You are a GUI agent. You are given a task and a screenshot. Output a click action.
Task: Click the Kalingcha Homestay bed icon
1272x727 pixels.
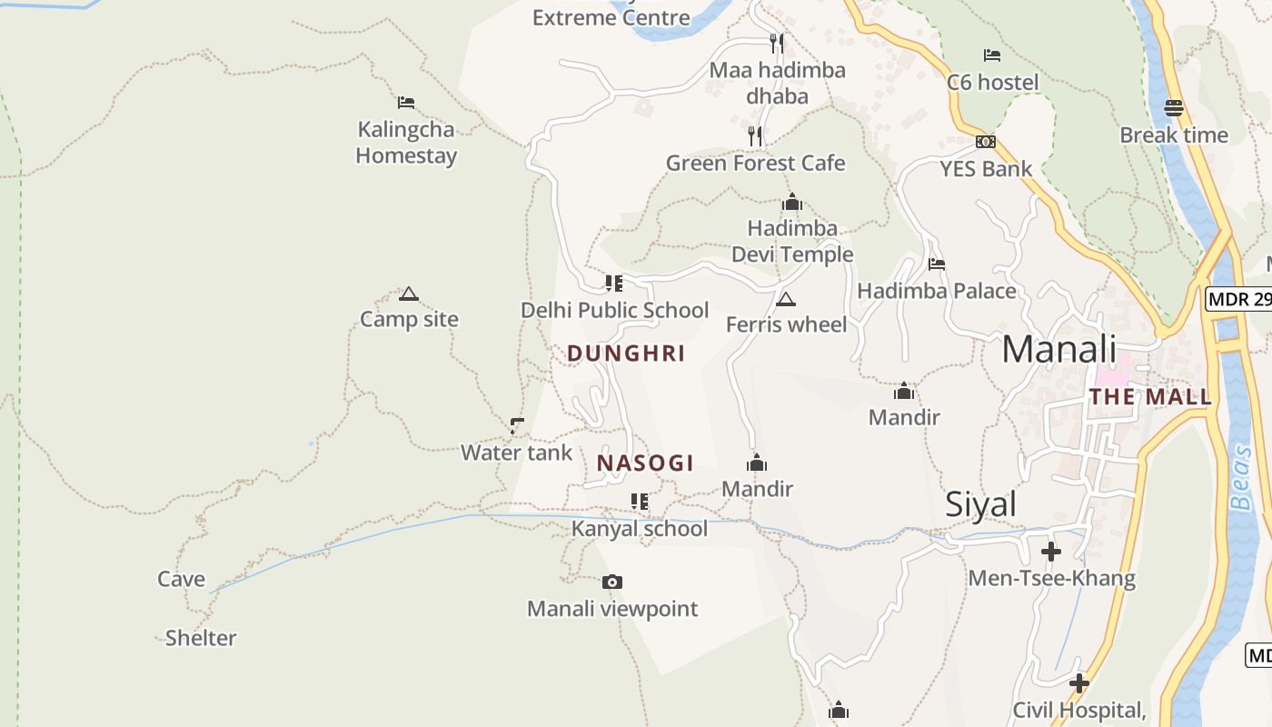406,103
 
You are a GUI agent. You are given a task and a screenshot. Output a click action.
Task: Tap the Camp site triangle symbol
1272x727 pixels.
409,294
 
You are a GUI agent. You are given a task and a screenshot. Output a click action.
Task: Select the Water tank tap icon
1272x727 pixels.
517,425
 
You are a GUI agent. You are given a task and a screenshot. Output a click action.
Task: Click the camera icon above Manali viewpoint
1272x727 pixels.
612,582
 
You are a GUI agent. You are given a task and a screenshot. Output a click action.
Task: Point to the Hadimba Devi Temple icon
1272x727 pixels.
792,202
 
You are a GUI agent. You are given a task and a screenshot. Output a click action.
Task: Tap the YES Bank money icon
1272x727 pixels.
986,142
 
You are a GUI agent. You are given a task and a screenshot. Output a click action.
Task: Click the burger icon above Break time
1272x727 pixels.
1173,108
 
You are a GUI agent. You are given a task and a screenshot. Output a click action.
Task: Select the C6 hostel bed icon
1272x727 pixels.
992,55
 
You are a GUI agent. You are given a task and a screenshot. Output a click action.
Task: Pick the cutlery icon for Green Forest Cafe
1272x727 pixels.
755,136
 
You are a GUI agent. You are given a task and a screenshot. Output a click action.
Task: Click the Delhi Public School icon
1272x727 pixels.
614,283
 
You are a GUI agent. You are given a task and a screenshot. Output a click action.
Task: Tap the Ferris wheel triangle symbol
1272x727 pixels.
786,299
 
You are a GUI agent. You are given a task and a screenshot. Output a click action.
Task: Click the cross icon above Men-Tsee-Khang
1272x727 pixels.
1051,552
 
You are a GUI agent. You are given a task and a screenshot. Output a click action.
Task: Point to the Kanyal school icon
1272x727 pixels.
640,502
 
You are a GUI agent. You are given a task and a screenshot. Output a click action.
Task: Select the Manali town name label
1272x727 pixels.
1058,349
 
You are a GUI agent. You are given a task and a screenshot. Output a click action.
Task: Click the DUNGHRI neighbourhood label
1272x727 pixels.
626,354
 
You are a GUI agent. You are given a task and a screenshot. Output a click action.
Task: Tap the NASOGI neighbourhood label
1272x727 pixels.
645,463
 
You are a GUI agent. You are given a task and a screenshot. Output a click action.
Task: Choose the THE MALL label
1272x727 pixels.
1150,397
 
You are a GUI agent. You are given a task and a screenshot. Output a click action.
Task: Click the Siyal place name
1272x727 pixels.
980,504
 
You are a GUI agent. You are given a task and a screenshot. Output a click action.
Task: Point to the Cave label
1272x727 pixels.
181,579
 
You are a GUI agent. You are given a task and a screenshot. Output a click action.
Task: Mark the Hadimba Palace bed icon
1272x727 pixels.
937,264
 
